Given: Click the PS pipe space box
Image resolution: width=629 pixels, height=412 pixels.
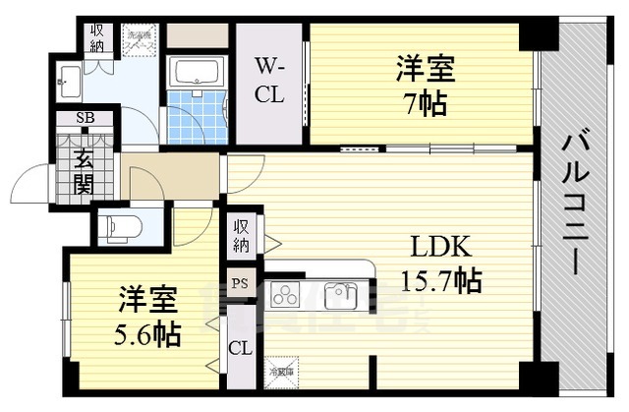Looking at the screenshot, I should (240, 283).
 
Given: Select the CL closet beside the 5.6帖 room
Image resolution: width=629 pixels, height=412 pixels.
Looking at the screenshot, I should (240, 348).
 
